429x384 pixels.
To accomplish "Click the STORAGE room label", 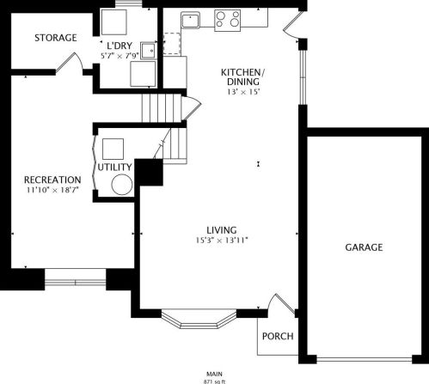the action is click(x=56, y=38).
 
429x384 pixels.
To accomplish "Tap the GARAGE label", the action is click(x=364, y=247).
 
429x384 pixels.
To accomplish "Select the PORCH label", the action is click(x=278, y=336).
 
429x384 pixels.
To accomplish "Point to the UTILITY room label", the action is click(x=114, y=167).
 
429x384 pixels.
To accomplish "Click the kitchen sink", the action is click(x=190, y=20).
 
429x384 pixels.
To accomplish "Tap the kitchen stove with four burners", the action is click(x=227, y=21).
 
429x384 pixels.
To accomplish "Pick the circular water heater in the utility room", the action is click(x=122, y=185).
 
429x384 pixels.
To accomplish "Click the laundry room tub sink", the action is click(x=149, y=51).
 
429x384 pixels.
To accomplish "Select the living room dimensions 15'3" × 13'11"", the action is click(x=222, y=240).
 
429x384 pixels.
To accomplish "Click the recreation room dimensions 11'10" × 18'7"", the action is click(x=52, y=190).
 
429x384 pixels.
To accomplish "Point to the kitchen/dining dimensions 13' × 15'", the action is click(x=243, y=92).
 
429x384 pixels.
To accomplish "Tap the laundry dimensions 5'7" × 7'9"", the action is click(x=120, y=55).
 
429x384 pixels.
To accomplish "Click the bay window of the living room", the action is click(x=199, y=319).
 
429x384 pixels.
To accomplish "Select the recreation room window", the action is click(x=76, y=283).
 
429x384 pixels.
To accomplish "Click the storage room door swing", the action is click(x=70, y=62).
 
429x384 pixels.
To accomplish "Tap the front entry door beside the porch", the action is click(x=281, y=304).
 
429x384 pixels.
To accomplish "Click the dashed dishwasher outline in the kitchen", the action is click(x=172, y=44).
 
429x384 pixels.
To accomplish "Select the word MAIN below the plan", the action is click(x=214, y=374).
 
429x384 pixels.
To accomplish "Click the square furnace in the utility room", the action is click(x=113, y=149).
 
